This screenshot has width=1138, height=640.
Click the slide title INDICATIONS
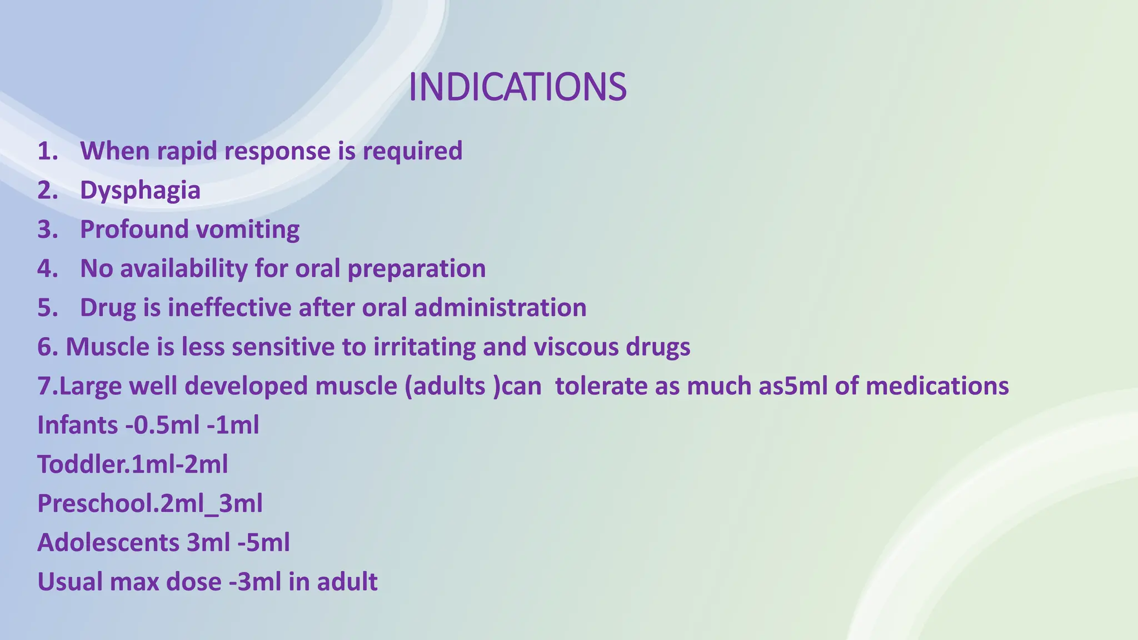517,88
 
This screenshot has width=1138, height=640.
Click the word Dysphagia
140,191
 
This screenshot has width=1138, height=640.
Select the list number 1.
47,151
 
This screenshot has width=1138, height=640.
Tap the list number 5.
47,308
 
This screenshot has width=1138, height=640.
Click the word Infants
77,426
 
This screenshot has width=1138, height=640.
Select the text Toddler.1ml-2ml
132,464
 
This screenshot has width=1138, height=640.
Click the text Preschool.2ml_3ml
149,504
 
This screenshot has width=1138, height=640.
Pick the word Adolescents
108,543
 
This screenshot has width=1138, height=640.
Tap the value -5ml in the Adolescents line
263,543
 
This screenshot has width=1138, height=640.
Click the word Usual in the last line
69,582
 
